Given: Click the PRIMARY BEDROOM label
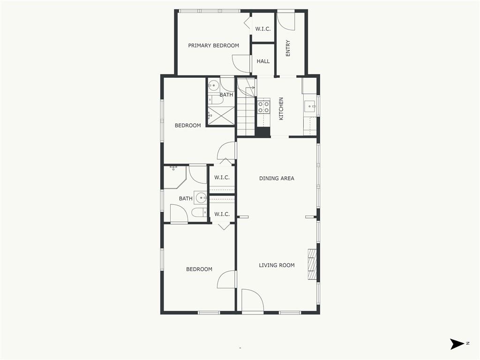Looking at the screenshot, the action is pos(213,45).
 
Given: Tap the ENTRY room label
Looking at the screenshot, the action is pos(288,48).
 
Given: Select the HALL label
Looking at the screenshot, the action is pos(263,61).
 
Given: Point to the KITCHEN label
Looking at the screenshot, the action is pos(281,109).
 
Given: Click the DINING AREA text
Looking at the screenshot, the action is pos(277,178).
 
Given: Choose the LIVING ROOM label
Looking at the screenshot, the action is pos(277,265).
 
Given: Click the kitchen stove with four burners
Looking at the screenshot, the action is pos(263,107).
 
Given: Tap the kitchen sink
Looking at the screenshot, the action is pos(310,107).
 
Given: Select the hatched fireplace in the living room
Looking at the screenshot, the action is pos(312,264).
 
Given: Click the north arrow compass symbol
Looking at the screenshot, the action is pos(457,344).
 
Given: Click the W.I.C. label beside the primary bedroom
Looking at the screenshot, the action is pos(263,29).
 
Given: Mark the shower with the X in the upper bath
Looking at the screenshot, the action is pos(222,115).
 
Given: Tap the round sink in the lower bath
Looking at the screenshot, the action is pos(201,198).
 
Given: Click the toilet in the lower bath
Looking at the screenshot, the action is pos(200,212).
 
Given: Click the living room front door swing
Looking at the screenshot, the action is pos(253,300).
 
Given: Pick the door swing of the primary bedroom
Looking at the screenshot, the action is pos(241,64).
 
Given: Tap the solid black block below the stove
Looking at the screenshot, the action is pos(262,132).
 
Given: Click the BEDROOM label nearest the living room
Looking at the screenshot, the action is pos(199,270).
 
